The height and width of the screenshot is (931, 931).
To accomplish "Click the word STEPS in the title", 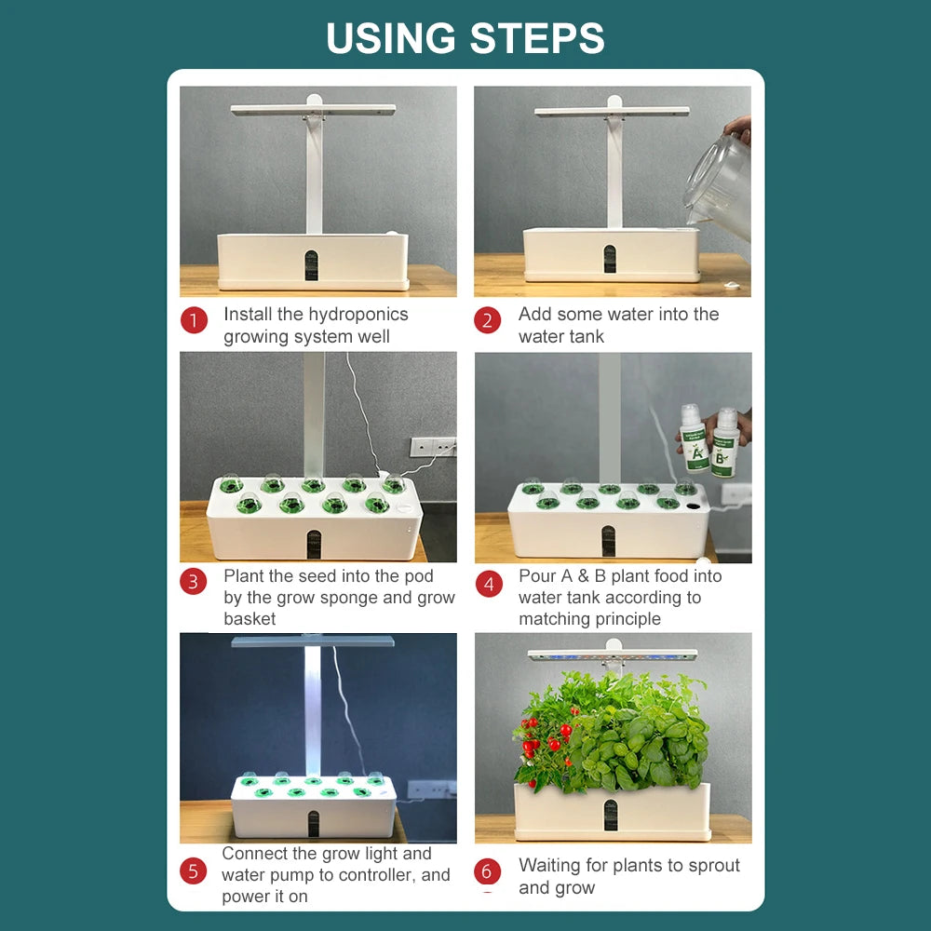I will coord(537,38).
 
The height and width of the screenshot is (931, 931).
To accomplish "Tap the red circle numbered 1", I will coord(194,321).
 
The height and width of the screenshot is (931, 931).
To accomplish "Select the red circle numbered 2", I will coord(487,321).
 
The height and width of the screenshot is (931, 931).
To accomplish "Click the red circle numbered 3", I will coord(193,583).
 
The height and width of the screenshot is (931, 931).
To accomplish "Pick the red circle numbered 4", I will coord(489,584).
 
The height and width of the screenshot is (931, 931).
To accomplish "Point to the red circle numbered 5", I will coord(193,871).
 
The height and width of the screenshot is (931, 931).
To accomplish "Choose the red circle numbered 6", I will coord(487,872).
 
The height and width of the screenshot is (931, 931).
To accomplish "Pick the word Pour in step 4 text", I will coord(536,576).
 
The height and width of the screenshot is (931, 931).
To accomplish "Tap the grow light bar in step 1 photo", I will coord(313,110).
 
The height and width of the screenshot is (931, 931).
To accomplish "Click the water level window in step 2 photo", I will coord(609,259).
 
